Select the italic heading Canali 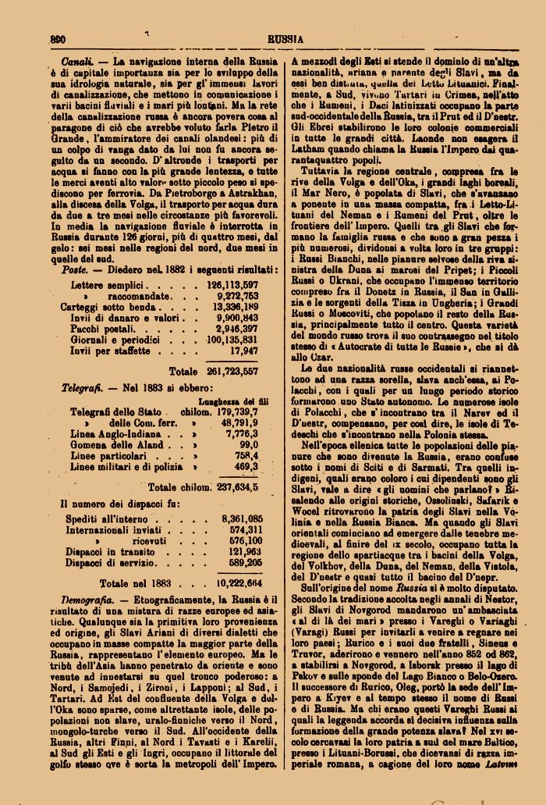tap(78, 60)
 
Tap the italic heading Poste tap(74, 269)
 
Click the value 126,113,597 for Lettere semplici tap(232, 286)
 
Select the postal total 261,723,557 tap(232, 372)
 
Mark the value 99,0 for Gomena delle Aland tap(249, 444)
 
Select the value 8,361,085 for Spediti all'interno tap(242, 518)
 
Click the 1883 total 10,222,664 tap(239, 582)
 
